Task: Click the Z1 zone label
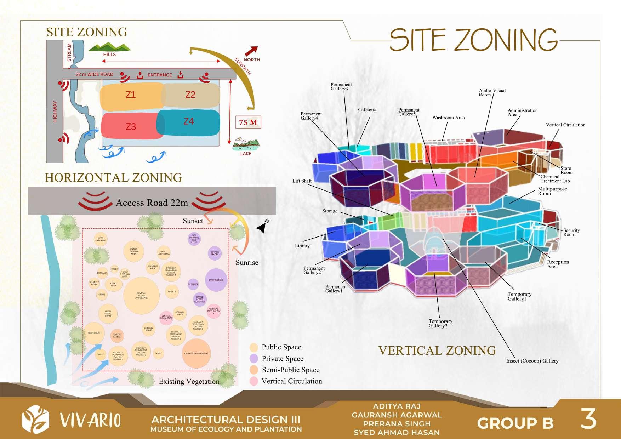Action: coord(131,95)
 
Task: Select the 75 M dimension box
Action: coord(248,122)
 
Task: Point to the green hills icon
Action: coord(109,47)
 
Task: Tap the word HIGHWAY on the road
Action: coord(55,112)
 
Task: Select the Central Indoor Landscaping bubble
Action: coord(141,296)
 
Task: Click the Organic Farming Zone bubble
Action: coord(196,353)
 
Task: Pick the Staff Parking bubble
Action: coord(216,280)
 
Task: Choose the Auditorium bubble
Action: coord(94,333)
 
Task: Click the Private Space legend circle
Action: coord(253,359)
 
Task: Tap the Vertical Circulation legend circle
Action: coord(253,381)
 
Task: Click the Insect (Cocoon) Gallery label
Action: coord(532,361)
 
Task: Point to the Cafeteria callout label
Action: coord(367,110)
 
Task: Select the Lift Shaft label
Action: coord(302,181)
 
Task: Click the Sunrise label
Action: coord(247,263)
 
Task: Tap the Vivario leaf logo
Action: coord(35,420)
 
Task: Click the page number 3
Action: coord(588,420)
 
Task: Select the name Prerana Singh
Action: coord(397,423)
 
